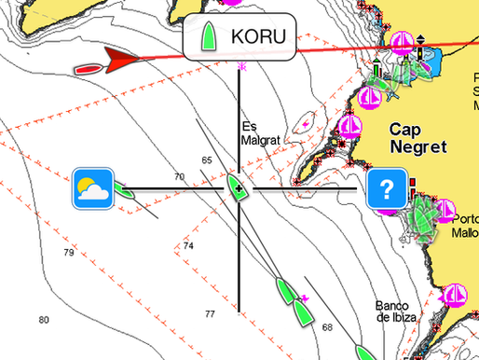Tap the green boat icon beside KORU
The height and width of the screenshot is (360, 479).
210,37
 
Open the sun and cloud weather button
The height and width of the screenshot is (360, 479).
93,188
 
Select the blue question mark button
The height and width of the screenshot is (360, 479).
386,188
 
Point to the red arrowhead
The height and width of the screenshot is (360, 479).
120,61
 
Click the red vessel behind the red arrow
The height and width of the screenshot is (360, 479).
87,69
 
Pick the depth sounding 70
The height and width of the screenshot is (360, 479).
179,176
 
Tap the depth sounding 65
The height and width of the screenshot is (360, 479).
206,160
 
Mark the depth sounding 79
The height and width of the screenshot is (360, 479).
68,253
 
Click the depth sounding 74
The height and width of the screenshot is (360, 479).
188,246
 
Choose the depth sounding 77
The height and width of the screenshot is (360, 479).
210,313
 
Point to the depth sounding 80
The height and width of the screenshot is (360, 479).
43,320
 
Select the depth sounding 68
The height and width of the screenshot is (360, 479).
326,327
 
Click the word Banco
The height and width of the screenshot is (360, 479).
392,305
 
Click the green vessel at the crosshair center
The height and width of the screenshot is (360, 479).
239,186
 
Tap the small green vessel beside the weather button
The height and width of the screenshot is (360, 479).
126,194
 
